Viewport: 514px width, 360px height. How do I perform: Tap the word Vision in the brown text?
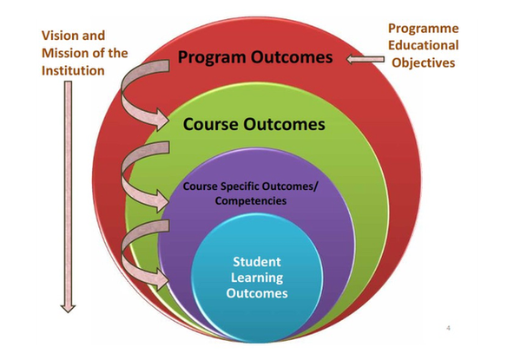pos(60,36)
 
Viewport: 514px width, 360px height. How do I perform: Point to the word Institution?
pos(73,71)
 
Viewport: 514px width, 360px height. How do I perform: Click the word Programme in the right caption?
pos(424,29)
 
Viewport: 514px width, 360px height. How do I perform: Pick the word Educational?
pos(424,45)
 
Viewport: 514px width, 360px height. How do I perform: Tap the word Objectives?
pos(424,62)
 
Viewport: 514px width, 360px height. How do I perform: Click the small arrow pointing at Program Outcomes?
pos(366,59)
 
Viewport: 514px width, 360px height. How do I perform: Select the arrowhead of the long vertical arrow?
pos(68,309)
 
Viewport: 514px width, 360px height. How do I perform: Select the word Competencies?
pos(251,200)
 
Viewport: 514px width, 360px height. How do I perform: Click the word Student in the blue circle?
pos(257,262)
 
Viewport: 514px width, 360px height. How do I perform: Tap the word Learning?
pos(257,278)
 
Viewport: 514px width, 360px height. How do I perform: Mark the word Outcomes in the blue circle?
pos(257,293)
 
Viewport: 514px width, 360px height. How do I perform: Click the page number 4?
pos(448,328)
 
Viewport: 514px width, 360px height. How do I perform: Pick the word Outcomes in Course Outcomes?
pos(284,124)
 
